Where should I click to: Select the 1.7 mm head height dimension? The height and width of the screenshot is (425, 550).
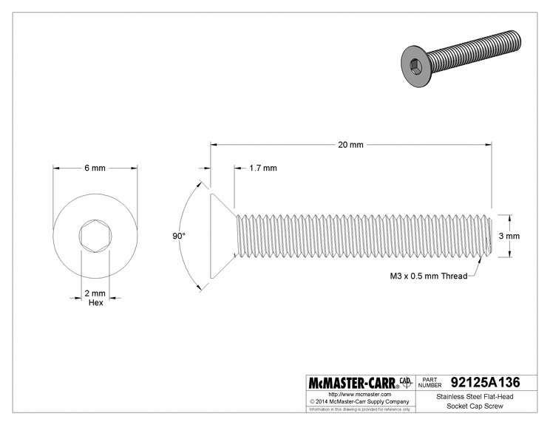coord(263,168)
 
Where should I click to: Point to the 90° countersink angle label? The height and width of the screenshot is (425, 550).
coord(178,236)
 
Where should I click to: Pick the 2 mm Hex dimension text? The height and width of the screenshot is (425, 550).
coord(94,298)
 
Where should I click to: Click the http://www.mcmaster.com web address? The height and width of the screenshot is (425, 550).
coord(359,395)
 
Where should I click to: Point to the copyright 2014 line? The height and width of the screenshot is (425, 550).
coord(359,401)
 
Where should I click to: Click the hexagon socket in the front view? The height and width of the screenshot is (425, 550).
coord(94,236)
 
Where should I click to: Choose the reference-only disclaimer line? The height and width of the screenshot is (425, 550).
coord(359,409)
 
